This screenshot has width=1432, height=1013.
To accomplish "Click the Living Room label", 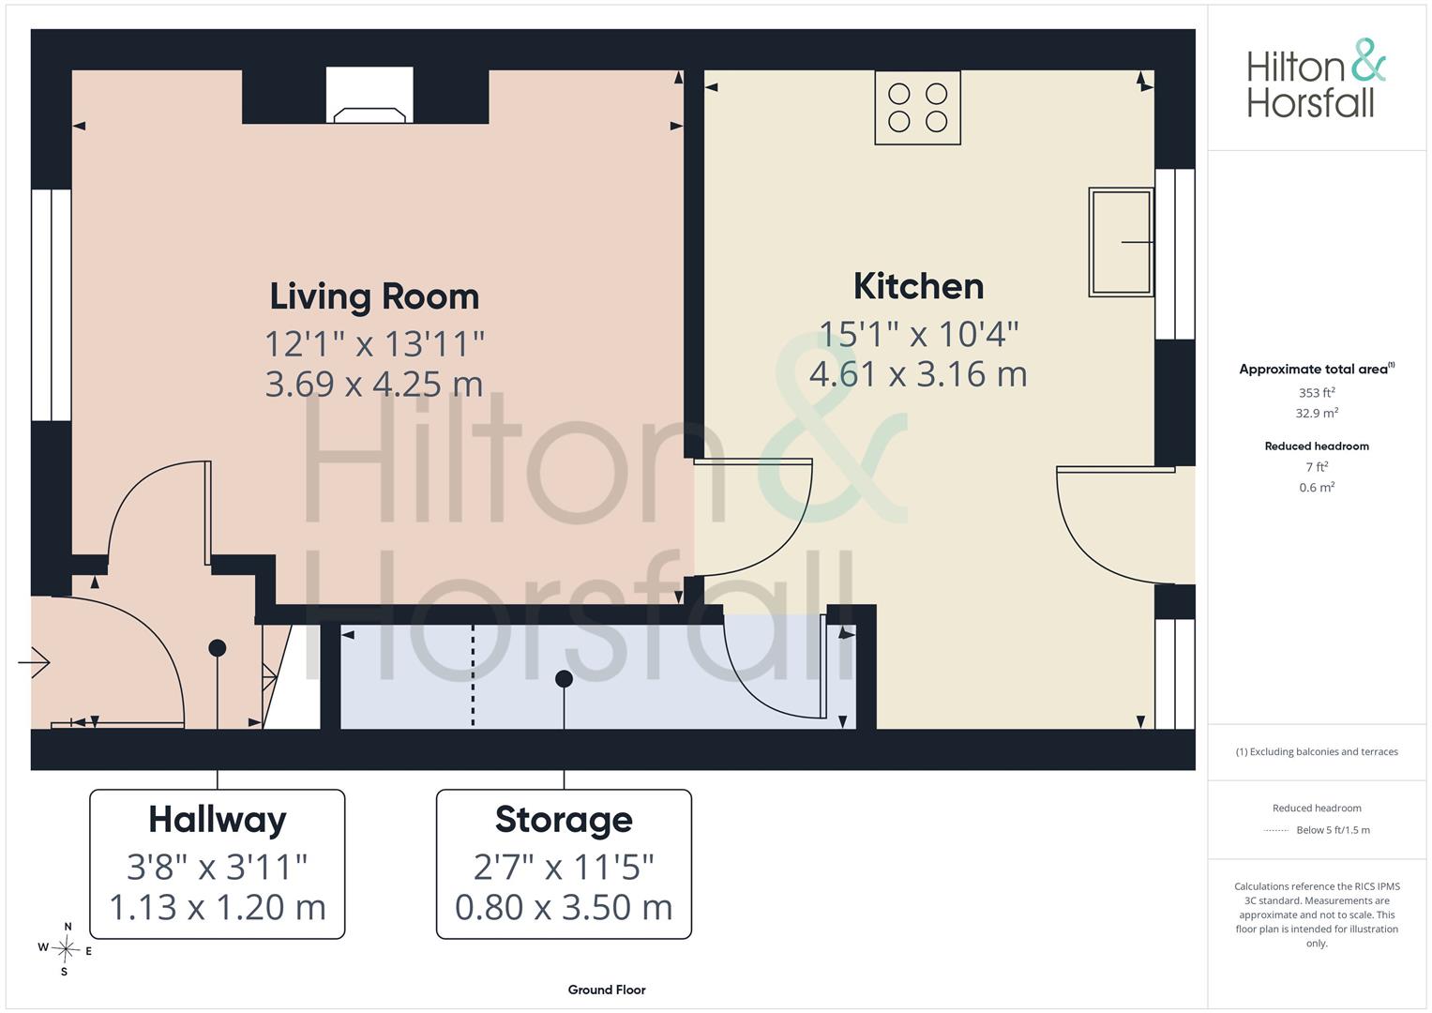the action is [374, 296].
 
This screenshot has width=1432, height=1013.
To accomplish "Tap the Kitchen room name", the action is [919, 286].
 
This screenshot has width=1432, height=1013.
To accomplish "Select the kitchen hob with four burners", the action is [917, 108].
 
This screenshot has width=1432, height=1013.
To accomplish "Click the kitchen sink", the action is [1122, 242].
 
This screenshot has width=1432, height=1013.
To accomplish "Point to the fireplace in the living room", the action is [369, 96].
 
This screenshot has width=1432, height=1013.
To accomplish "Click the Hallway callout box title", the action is [218, 820].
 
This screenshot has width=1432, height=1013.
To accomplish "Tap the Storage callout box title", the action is [564, 820].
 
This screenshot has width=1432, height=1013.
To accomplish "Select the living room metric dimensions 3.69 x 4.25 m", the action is [374, 385].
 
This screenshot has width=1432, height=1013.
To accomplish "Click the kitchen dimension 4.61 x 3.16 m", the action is [918, 374].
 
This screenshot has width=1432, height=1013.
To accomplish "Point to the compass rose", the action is [66, 949].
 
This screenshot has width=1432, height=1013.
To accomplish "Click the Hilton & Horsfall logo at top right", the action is [1317, 79].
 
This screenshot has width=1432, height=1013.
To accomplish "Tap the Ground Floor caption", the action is [607, 990].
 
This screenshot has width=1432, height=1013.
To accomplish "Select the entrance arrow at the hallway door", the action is [34, 662].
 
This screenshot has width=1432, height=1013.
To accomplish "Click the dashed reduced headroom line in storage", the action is [473, 676].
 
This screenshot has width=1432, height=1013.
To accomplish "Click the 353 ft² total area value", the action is [1317, 392].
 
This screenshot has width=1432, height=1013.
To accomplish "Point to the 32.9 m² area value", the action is [1317, 413].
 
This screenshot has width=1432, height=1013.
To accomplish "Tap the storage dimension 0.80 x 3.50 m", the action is [564, 908].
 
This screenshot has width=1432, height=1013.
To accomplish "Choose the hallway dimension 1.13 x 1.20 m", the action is [218, 908].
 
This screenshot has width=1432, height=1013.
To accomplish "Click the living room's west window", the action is [52, 305].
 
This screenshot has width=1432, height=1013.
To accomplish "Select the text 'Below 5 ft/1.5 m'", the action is [1333, 830].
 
